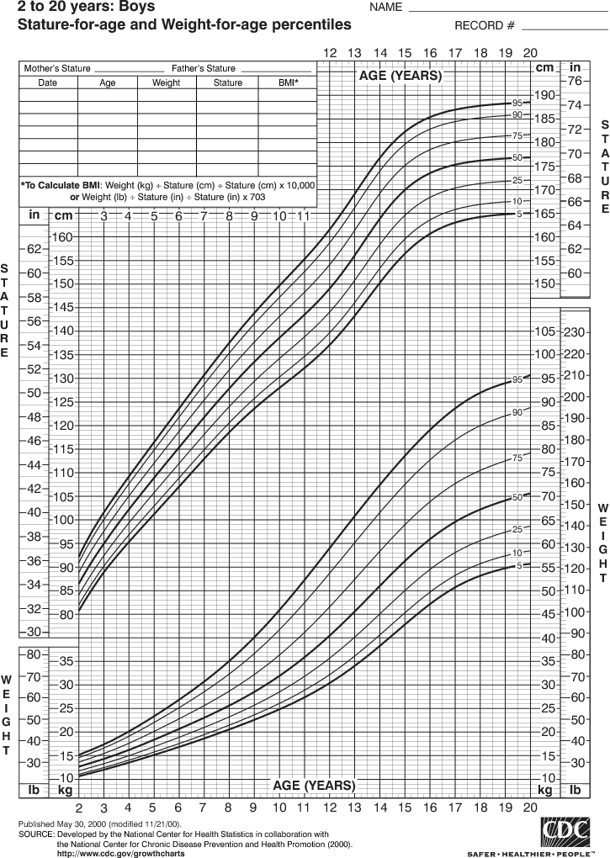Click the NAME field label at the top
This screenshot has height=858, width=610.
(x=385, y=8)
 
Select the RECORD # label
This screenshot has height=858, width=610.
(x=484, y=25)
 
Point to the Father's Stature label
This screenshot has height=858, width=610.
(x=204, y=68)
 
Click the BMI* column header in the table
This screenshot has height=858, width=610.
(x=288, y=83)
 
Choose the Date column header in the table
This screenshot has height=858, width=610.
(x=47, y=83)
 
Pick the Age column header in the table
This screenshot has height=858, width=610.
(x=108, y=83)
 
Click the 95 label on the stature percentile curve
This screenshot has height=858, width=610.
(x=517, y=103)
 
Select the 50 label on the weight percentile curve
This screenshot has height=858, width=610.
(x=517, y=498)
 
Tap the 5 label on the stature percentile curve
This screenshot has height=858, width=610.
(x=519, y=214)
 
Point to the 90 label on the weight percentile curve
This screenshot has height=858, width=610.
(x=517, y=412)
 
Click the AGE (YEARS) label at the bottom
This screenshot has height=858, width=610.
(x=314, y=785)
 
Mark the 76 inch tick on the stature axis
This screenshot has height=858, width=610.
(x=575, y=82)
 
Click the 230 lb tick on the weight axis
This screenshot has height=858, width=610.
(x=575, y=331)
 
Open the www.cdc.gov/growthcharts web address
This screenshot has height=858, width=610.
(x=120, y=853)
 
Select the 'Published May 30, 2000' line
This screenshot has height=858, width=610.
(x=99, y=824)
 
